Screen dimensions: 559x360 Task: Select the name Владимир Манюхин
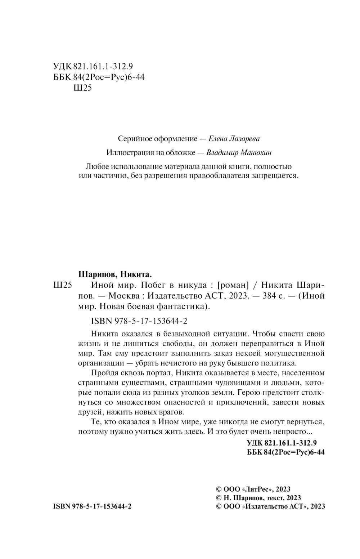coord(239,153)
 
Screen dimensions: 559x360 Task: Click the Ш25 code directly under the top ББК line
coord(82,88)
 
